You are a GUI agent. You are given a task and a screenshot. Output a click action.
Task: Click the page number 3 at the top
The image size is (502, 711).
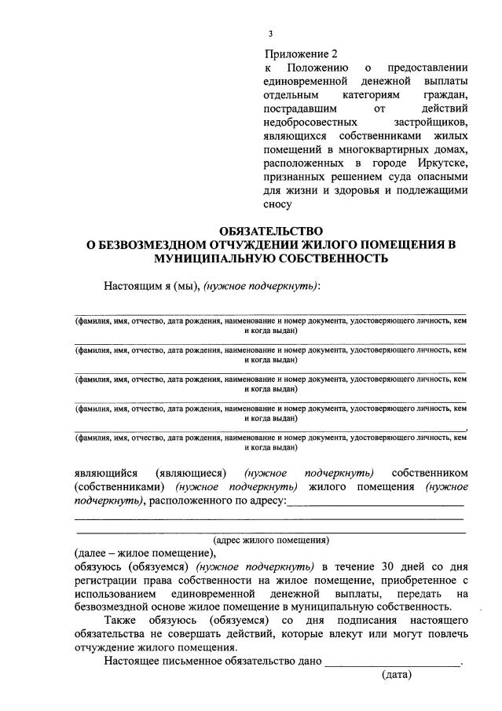270,33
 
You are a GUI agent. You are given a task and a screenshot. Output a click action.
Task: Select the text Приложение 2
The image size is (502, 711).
301,54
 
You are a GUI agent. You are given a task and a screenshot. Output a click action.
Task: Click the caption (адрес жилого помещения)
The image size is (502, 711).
271,541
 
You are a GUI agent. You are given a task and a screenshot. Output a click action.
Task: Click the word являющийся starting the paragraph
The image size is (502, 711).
106,473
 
